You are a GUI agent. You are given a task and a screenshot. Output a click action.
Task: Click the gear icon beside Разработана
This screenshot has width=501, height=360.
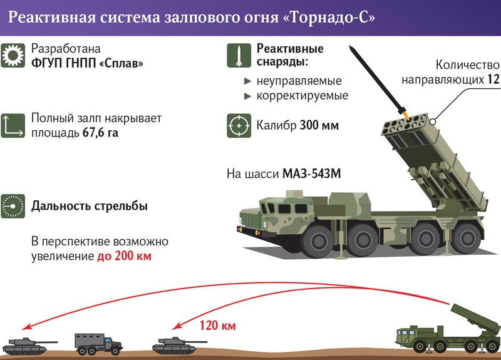click(13, 56)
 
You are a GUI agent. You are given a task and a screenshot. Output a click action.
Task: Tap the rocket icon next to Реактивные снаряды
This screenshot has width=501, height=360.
click(238, 56)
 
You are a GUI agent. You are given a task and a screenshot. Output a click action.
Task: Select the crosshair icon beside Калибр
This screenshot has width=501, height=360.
click(238, 125)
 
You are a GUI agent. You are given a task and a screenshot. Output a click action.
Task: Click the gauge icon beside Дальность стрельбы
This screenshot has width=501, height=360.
click(13, 206)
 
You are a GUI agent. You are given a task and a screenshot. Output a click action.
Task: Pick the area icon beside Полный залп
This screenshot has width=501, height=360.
click(13, 125)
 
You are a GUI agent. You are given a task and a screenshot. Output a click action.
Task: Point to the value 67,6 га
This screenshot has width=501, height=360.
click(100, 133)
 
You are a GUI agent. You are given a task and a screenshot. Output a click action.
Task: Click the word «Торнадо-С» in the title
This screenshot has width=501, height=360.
click(325, 18)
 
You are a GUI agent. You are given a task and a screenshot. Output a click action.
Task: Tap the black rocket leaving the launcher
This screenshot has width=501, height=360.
click(376, 81)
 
